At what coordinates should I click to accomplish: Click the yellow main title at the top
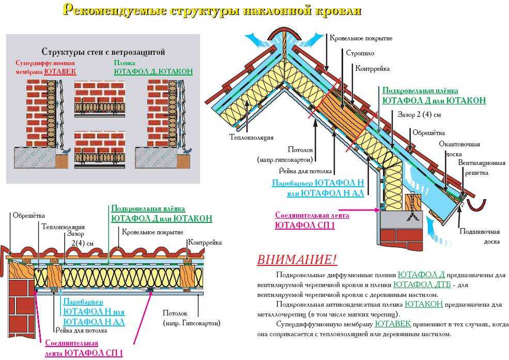tap(212, 10)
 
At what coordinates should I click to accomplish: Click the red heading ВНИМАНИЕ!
tap(297, 260)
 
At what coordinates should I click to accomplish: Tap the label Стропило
tap(360, 53)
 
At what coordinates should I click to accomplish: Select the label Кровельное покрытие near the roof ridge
tap(361, 38)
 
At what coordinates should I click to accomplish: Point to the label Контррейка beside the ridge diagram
tap(373, 69)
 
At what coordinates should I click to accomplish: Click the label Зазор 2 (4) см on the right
tap(419, 115)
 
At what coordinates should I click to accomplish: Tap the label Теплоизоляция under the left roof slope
tap(252, 138)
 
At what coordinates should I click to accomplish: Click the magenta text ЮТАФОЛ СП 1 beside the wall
tap(304, 225)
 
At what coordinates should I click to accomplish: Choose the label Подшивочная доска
tap(480, 236)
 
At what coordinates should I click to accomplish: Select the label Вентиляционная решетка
tap(482, 168)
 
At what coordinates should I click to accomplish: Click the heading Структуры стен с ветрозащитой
tap(103, 52)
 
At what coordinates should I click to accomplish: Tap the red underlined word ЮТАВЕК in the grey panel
tap(60, 71)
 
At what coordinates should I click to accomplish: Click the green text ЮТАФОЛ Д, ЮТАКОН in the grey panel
tap(153, 71)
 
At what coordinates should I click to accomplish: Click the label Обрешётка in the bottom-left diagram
tap(29, 216)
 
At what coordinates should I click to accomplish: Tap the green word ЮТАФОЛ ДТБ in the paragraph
tap(422, 285)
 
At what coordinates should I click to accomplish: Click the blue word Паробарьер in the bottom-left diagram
tap(83, 302)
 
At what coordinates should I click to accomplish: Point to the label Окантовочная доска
tap(459, 149)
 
